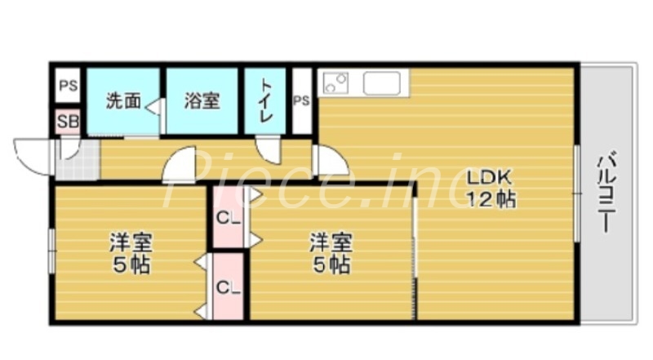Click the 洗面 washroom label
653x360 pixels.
(123, 101)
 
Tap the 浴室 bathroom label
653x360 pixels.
(201, 101)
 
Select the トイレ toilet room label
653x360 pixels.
(265, 101)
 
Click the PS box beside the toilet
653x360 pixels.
(301, 101)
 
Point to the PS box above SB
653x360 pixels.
(67, 86)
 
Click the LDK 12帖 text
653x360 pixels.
(490, 188)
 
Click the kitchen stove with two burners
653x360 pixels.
(336, 83)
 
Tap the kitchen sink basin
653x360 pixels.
(381, 83)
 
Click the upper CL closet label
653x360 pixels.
(228, 218)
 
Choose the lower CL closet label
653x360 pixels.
(228, 287)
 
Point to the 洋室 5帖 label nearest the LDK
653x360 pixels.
(330, 253)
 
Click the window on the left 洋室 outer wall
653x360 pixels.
(51, 249)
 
